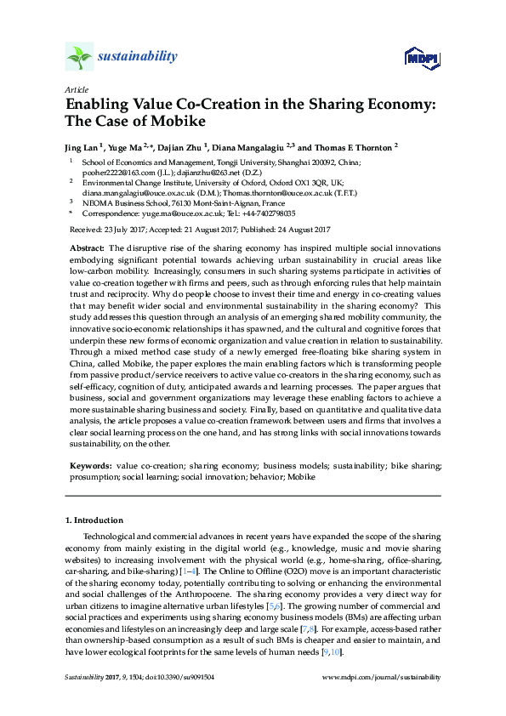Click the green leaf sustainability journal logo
click(x=79, y=57)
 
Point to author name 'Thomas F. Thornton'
click(x=352, y=146)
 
